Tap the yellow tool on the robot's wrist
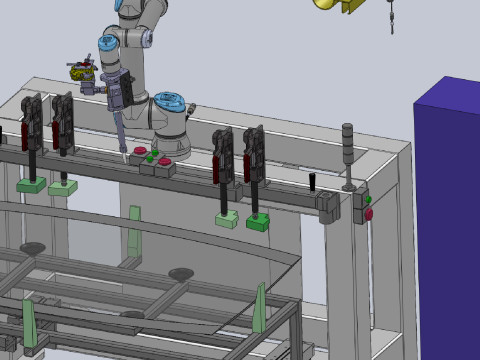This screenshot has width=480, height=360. tap(81, 72)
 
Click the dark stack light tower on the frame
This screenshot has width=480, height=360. tap(348, 155)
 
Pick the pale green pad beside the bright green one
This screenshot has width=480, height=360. tap(227, 220)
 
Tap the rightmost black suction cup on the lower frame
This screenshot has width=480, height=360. tap(181, 273)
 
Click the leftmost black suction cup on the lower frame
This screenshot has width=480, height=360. tap(32, 247)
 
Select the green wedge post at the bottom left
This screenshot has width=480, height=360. tap(29, 326)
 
